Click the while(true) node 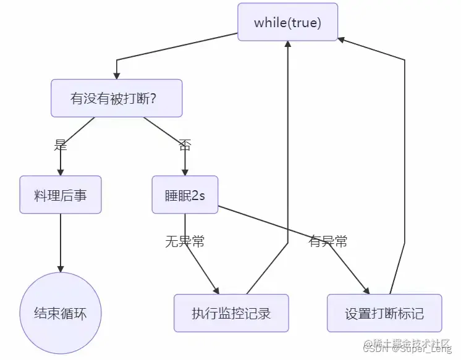click(x=288, y=22)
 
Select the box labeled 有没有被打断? click(x=117, y=98)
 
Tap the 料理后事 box click(x=61, y=195)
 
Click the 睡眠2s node click(x=185, y=195)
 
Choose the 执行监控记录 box click(x=231, y=313)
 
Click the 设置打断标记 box click(x=384, y=313)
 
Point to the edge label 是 click(x=61, y=146)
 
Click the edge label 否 click(x=185, y=146)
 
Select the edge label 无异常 click(x=185, y=241)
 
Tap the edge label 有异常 click(x=328, y=241)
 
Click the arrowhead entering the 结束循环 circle click(x=61, y=269)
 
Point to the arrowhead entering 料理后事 click(x=61, y=172)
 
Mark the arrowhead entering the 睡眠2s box click(x=185, y=172)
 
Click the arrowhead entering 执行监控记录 click(x=217, y=290)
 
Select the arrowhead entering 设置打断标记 click(x=366, y=290)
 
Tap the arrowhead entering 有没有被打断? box click(x=117, y=75)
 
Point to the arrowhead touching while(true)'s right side click(x=342, y=38)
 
